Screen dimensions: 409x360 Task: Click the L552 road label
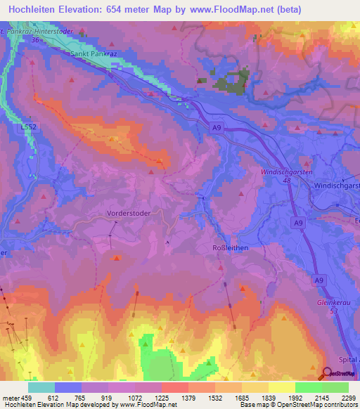click(x=29, y=126)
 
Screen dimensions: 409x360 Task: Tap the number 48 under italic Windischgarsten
click(x=287, y=181)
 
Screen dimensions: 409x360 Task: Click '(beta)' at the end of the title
click(x=284, y=10)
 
